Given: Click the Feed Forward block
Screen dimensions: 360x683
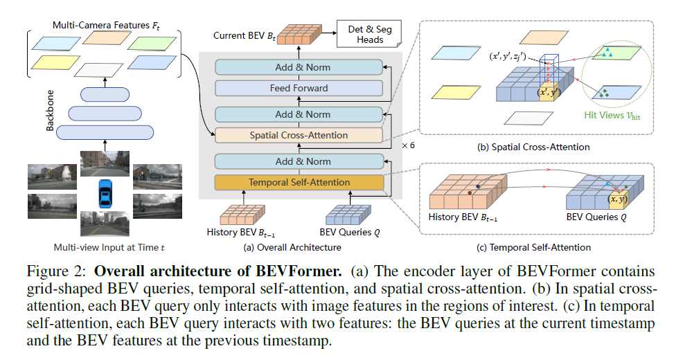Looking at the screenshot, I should (299, 89).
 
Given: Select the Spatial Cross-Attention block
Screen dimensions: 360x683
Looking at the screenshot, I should (299, 136).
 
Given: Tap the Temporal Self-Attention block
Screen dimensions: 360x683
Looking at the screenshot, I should (299, 182).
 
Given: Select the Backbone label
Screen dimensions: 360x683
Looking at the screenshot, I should (50, 111).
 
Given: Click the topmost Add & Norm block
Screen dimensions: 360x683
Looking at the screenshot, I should (299, 67).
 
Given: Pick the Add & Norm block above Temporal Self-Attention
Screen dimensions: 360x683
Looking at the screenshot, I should (299, 161).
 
